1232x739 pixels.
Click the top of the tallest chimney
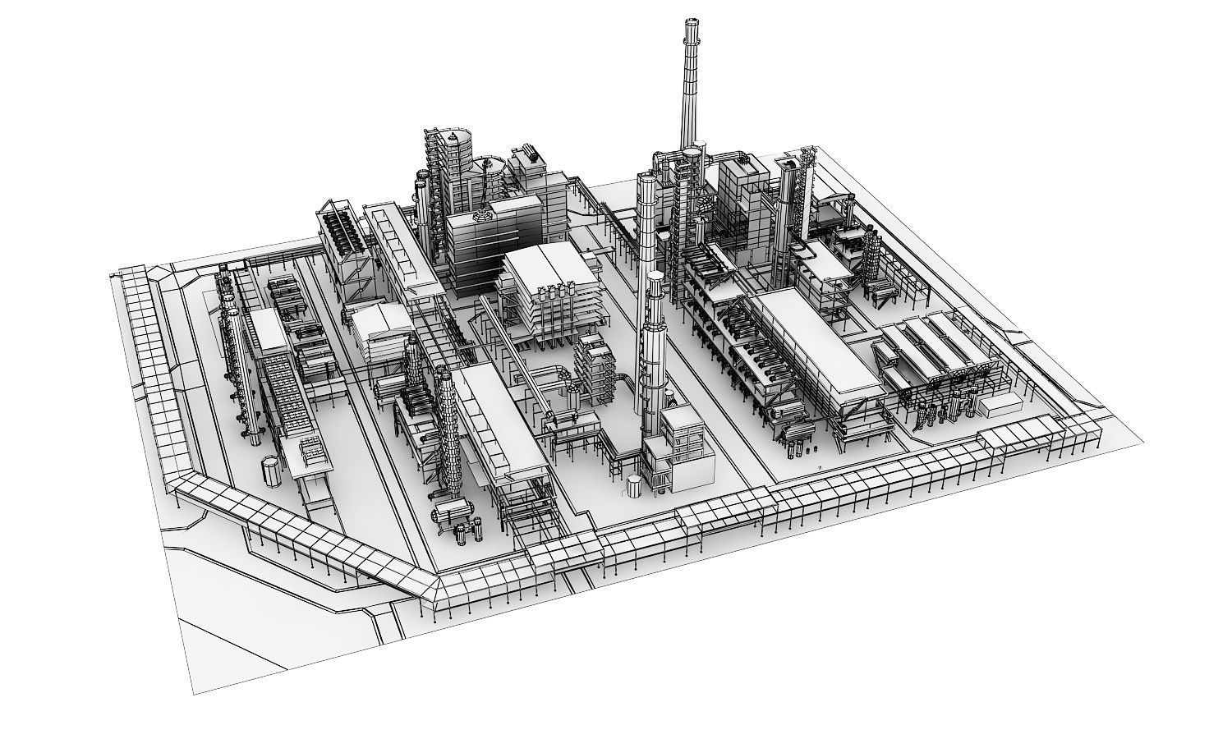pyautogui.click(x=690, y=23)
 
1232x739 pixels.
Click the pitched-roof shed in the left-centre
pyautogui.click(x=381, y=324)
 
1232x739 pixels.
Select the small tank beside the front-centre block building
pyautogui.click(x=633, y=485)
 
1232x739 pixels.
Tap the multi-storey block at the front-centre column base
pyautogui.click(x=682, y=443)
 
